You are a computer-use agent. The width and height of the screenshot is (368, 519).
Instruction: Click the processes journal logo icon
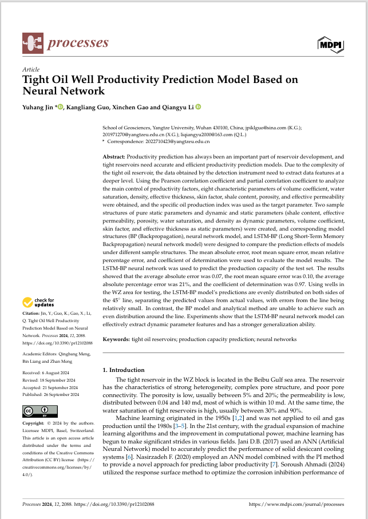pos(32,42)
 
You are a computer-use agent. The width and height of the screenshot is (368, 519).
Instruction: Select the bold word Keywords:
pos(116,339)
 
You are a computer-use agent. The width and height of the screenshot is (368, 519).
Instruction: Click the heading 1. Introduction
pos(123,370)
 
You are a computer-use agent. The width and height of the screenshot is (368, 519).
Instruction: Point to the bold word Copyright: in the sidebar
pos(33,422)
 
